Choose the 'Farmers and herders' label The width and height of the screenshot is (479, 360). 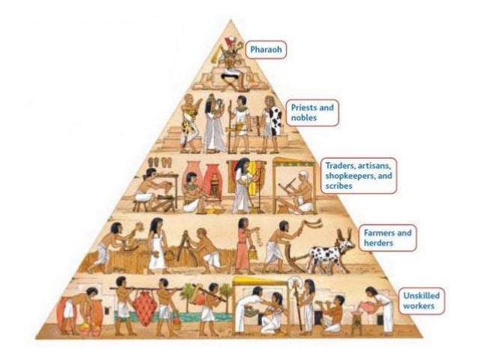point(387,237)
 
